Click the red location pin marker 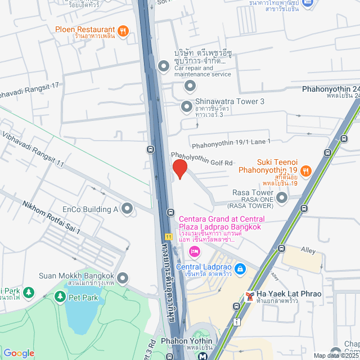(179, 169)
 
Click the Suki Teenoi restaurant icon (305, 170)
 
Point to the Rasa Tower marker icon (281, 197)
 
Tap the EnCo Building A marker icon (127, 209)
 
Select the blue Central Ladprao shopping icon (240, 269)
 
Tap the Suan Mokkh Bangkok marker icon (123, 277)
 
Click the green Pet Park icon (60, 295)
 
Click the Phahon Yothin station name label (186, 341)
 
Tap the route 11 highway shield (168, 236)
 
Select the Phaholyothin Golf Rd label (202, 158)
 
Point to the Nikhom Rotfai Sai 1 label (51, 218)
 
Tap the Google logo (19, 353)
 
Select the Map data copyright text (336, 355)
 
